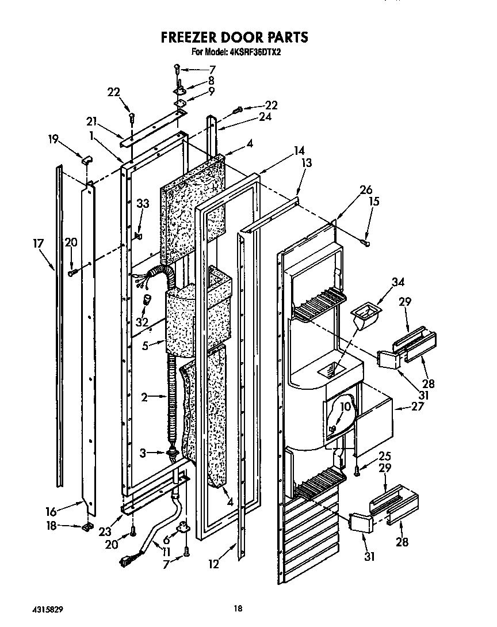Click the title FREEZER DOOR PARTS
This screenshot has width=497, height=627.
[x=234, y=37]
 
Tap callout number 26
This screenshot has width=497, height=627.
[x=366, y=191]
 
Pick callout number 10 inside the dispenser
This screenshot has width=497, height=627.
[x=344, y=407]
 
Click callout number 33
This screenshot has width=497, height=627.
[x=142, y=203]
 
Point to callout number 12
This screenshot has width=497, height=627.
[x=214, y=564]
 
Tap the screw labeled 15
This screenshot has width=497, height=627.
[x=365, y=244]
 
